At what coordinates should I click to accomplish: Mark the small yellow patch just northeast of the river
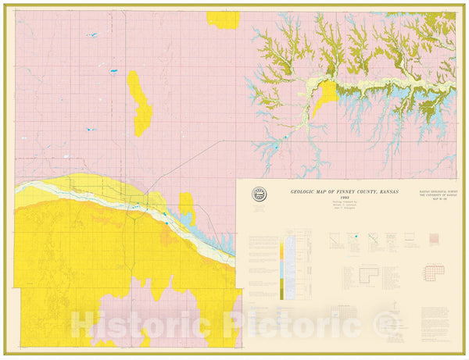[x=186, y=207]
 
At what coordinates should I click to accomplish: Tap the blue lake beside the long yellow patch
[x=115, y=72]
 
